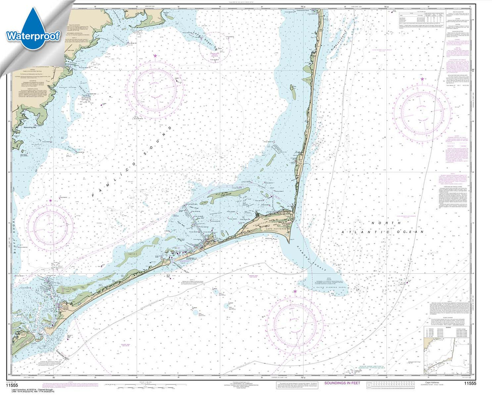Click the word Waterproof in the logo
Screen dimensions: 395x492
33,36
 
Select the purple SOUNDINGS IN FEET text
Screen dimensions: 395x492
342,383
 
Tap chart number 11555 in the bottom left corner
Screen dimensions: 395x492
12,385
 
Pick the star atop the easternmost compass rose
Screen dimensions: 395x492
422,79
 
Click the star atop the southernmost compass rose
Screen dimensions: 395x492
295,292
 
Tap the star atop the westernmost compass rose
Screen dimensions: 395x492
50,201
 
